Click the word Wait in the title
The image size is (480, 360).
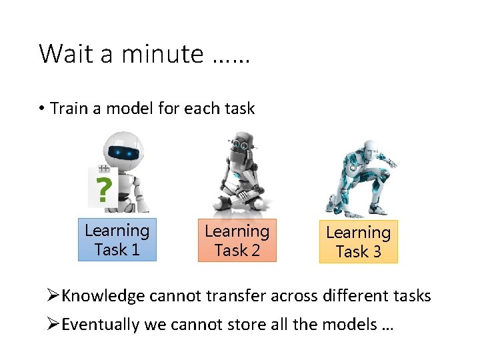(x=67, y=53)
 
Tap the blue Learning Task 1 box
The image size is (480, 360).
(x=117, y=240)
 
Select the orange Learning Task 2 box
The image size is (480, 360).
(x=237, y=241)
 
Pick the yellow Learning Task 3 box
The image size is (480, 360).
(x=358, y=242)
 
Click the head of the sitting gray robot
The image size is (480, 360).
(x=241, y=143)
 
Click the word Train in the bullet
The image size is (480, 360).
(x=65, y=109)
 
